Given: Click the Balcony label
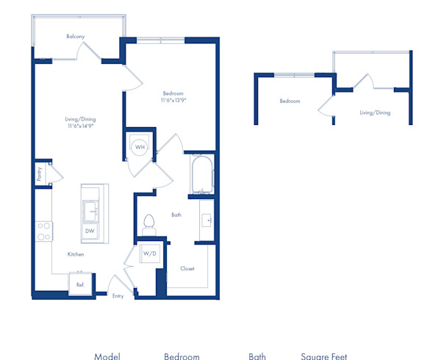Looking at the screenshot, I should tap(74, 36).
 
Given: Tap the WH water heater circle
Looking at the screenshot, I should tap(140, 147).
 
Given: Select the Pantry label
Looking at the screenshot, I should tap(39, 173).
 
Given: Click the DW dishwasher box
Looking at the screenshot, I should tap(90, 231).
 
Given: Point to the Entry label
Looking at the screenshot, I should tap(118, 296).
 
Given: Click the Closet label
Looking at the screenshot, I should tap(187, 268).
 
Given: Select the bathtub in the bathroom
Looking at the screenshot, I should tap(201, 174).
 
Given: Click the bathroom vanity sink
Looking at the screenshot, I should tap(207, 220).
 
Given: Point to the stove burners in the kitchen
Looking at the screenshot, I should tap(44, 231).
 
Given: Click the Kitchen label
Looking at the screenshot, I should tap(76, 254).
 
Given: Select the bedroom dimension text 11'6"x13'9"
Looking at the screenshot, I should tap(173, 101).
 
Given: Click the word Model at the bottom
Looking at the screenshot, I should tap(107, 356).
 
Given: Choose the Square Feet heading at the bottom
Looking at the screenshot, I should tap(324, 356).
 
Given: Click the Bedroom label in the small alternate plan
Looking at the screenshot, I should tap(290, 101).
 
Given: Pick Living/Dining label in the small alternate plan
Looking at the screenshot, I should tap(375, 112).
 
